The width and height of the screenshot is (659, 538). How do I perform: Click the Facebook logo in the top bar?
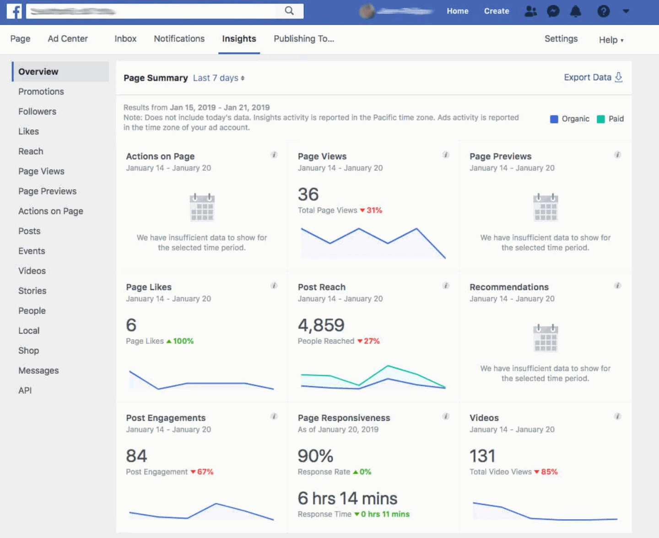click(14, 11)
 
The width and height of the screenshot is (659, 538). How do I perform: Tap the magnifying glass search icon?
click(289, 11)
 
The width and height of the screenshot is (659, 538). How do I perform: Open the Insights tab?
click(239, 39)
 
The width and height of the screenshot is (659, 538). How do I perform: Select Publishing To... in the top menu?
click(304, 39)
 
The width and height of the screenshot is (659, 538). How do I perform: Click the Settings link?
click(561, 39)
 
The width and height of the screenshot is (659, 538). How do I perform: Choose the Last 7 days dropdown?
click(219, 78)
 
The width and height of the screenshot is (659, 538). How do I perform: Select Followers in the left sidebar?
click(37, 112)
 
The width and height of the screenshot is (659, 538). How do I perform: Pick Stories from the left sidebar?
click(32, 291)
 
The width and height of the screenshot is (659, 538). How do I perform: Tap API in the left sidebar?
click(25, 391)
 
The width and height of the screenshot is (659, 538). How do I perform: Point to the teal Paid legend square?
click(601, 119)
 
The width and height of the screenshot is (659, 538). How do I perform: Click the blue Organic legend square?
click(554, 119)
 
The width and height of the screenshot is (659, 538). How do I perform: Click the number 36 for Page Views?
click(308, 195)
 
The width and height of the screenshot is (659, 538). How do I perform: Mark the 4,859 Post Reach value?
click(321, 325)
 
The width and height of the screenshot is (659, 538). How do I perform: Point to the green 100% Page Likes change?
click(183, 341)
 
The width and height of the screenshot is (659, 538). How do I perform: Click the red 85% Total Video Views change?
click(549, 472)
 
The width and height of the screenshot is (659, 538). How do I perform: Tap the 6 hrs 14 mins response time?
click(347, 498)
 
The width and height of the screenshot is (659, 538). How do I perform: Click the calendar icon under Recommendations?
click(545, 338)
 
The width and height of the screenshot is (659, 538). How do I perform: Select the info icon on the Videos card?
click(617, 416)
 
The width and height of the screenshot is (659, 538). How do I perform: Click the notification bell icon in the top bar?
click(576, 11)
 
